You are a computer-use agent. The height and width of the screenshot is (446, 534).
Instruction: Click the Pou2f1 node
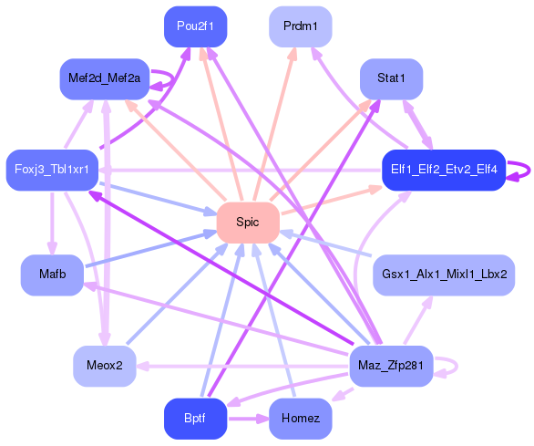tap(195, 26)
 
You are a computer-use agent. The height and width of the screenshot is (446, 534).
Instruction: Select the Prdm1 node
tap(301, 26)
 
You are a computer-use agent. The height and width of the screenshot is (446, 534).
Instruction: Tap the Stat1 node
tap(391, 78)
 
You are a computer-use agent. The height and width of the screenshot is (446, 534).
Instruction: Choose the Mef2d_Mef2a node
tap(104, 78)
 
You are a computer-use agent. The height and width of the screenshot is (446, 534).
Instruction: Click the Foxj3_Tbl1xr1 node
tap(52, 170)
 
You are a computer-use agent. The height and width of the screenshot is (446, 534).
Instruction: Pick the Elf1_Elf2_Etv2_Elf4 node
tap(443, 170)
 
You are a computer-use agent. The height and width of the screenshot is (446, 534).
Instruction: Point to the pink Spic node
tap(247, 222)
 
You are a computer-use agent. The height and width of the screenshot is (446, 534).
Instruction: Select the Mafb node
tap(52, 275)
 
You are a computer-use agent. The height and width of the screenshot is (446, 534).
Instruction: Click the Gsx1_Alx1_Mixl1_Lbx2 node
tap(444, 275)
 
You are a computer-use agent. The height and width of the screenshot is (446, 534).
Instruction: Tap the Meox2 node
tap(104, 366)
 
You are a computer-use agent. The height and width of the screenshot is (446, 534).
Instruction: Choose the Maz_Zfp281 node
tap(391, 366)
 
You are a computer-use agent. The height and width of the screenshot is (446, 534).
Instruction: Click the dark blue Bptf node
tap(195, 419)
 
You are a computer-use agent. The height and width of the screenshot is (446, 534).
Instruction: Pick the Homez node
tap(301, 419)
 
